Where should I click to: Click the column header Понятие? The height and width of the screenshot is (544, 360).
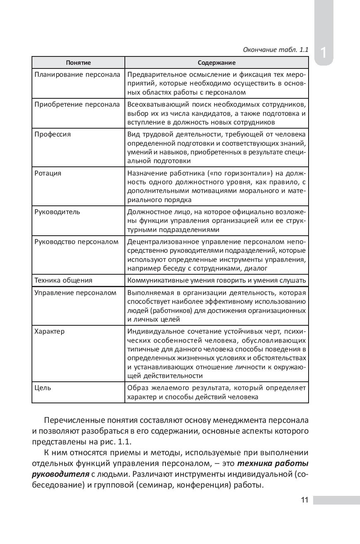[x=78, y=63]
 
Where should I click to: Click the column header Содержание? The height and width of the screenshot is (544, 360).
[x=216, y=63]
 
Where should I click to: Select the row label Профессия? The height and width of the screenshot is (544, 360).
[x=53, y=134]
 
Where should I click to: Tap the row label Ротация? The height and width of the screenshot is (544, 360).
[x=48, y=173]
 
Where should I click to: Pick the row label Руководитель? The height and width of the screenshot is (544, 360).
[x=57, y=212]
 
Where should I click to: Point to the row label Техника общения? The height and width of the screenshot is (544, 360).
[x=63, y=280]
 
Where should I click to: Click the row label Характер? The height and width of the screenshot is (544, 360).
[x=49, y=332]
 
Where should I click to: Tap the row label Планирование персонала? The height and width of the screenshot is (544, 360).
[x=77, y=75]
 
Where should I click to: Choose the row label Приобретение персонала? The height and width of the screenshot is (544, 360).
[x=77, y=104]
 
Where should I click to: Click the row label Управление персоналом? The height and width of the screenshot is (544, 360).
[x=75, y=293]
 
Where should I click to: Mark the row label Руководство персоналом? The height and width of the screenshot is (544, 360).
[x=76, y=242]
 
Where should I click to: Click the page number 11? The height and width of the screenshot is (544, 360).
[x=304, y=500]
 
